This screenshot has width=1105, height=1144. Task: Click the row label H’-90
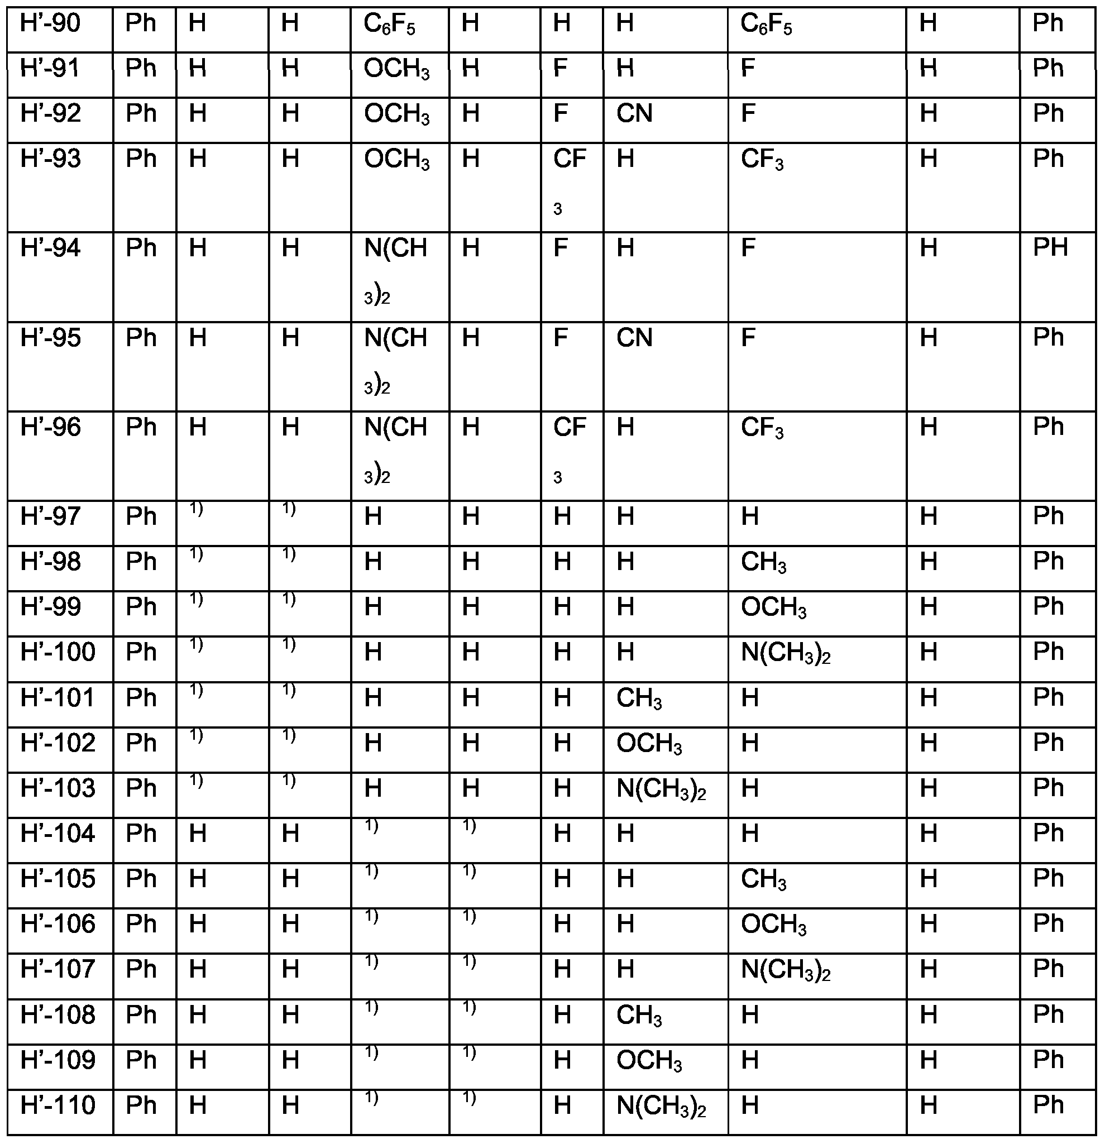pos(50,25)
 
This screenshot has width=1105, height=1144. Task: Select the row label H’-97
pos(50,517)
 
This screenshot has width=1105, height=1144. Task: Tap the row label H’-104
pos(57,834)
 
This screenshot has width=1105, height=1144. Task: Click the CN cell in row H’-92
pos(634,114)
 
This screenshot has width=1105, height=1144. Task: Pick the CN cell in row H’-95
pos(634,338)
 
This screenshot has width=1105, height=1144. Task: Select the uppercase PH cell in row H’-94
pos(1050,248)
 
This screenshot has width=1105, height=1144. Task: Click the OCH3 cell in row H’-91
pos(396,69)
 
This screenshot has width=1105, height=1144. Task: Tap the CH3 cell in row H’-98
pos(763,563)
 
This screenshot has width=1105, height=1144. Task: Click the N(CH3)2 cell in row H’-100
pos(785,653)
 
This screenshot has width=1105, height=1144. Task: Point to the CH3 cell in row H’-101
pos(639,698)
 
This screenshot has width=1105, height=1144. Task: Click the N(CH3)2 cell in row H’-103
pos(661,789)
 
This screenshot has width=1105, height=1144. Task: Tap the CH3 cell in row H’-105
pos(763,879)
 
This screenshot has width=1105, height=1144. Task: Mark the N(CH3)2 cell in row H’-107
pos(785,970)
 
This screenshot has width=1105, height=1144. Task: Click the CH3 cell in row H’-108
pos(639,1016)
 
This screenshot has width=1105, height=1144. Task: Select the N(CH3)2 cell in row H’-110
pos(661,1106)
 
